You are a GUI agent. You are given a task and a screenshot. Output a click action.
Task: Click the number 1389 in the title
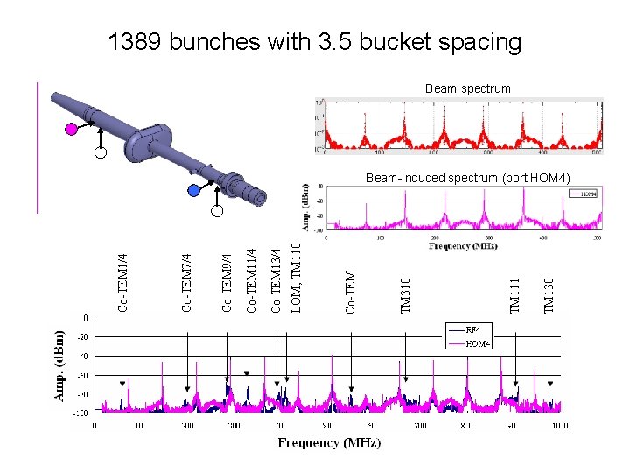(x=135, y=41)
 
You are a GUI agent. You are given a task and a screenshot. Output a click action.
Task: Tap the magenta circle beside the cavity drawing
(x=72, y=130)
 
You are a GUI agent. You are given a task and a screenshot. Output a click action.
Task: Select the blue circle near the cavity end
(x=193, y=190)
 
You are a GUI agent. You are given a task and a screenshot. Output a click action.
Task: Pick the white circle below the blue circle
(x=217, y=210)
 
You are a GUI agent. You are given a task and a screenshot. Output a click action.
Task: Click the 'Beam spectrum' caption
(x=467, y=88)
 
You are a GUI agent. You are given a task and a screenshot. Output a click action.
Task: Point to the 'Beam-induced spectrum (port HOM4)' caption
(x=467, y=179)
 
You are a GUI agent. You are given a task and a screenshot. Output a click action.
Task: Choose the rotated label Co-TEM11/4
(x=252, y=271)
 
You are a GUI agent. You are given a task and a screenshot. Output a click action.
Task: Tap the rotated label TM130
(x=549, y=295)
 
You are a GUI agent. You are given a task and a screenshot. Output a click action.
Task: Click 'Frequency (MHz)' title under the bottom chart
(x=329, y=443)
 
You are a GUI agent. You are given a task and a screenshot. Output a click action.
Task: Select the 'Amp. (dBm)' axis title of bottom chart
(x=60, y=364)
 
